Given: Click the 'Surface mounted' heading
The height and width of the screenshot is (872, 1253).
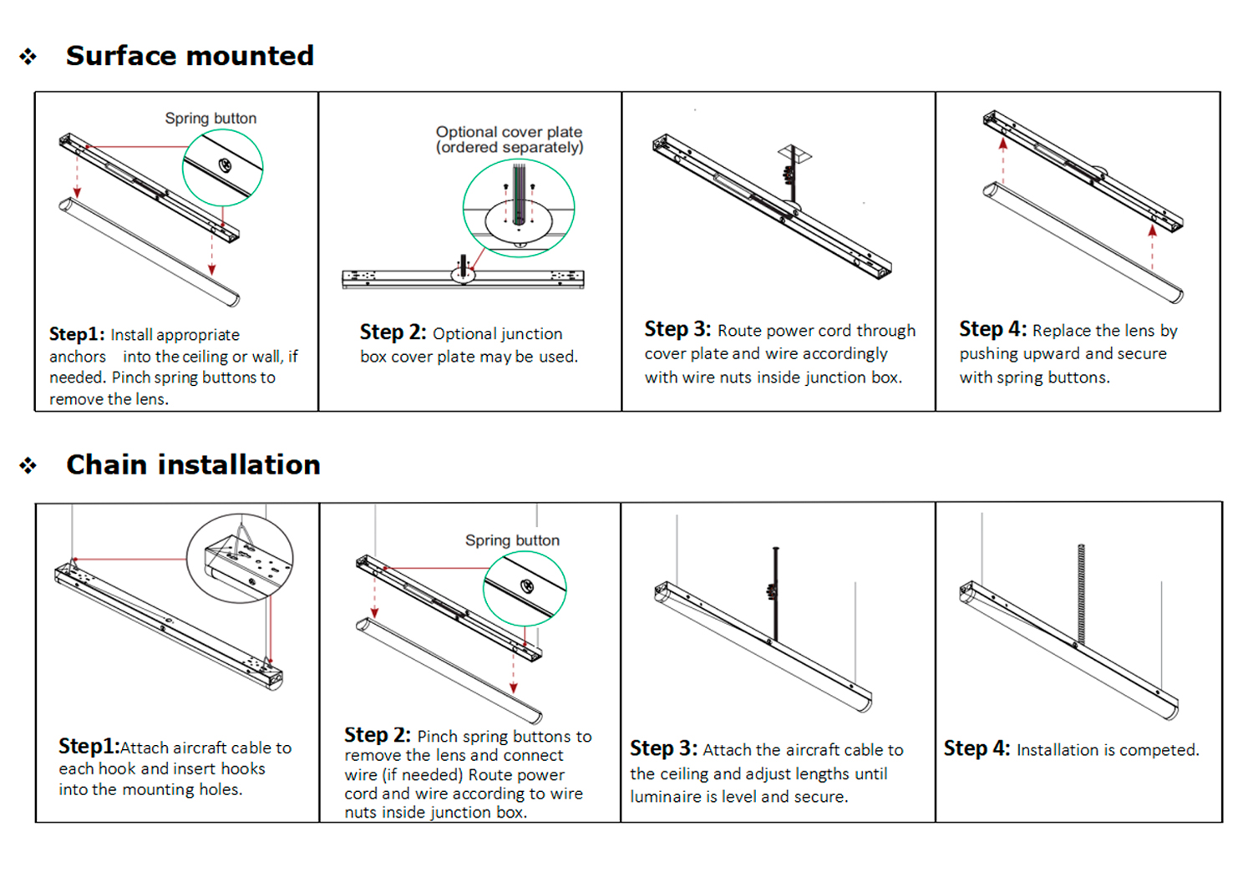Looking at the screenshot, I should click(x=190, y=56).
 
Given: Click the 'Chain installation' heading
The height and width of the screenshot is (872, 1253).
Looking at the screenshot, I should click(x=193, y=464).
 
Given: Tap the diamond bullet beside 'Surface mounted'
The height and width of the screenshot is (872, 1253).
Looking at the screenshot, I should click(x=28, y=57).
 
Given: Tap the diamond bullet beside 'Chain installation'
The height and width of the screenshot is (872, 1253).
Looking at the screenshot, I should click(x=28, y=465).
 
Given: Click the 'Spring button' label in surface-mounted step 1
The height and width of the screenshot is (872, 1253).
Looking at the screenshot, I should click(x=211, y=119).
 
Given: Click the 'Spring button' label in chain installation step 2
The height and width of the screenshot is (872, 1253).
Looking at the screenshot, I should click(x=512, y=540).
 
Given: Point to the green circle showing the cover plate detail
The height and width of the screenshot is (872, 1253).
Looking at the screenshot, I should click(x=519, y=208).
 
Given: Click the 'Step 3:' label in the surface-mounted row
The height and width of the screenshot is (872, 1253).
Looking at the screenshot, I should click(x=677, y=329).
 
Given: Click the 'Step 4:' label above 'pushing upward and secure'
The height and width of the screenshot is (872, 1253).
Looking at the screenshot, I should click(x=992, y=329).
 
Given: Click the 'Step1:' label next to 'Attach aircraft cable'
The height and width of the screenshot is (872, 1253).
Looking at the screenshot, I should click(x=89, y=747).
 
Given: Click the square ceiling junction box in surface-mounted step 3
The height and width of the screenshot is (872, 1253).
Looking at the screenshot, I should click(x=794, y=154).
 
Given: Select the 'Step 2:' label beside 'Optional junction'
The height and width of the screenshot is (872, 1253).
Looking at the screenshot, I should click(x=393, y=332).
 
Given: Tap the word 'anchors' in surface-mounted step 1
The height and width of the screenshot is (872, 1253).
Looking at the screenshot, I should click(x=78, y=357).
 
